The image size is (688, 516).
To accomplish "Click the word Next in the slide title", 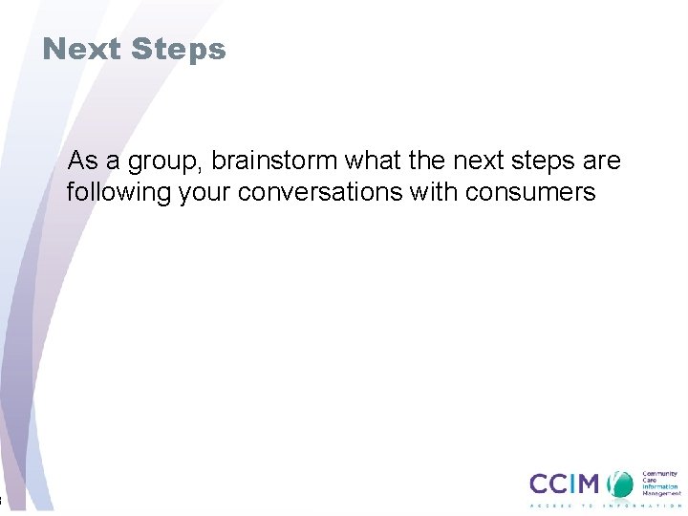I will coord(81,49).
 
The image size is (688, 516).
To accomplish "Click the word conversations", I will coord(323,193).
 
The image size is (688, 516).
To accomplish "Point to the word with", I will coord(435,193).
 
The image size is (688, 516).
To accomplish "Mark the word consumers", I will coord(531,193).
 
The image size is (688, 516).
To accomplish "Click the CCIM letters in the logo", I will coord(566,484).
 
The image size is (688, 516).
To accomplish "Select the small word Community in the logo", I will coord(659,472).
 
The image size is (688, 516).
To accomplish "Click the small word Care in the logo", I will coord(650,480).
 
